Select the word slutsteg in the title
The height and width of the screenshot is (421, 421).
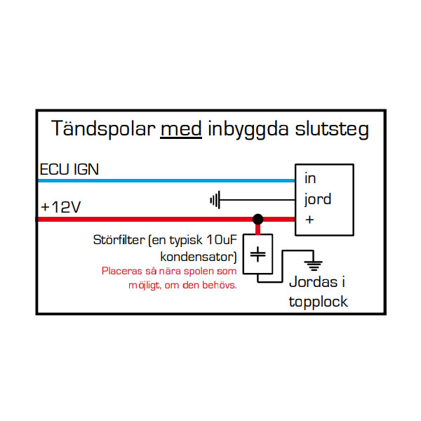[335, 129]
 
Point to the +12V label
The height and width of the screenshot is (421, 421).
[61, 208]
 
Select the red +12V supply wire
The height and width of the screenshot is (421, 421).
[140, 219]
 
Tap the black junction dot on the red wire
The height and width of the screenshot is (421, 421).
[258, 219]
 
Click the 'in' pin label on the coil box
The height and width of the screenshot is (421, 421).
[310, 179]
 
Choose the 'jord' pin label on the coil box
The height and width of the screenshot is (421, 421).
[317, 199]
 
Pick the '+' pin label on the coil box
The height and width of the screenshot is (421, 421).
[309, 219]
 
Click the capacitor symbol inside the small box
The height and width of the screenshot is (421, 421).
[258, 255]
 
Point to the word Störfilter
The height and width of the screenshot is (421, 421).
[116, 240]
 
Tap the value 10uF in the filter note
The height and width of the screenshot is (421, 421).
[222, 240]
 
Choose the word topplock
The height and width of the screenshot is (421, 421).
[319, 302]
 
